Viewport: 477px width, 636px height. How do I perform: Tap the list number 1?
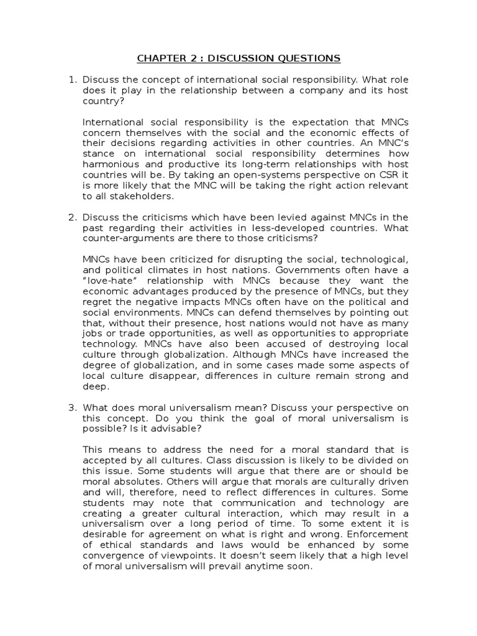click(x=71, y=80)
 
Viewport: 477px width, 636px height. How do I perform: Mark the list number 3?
click(x=71, y=407)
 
